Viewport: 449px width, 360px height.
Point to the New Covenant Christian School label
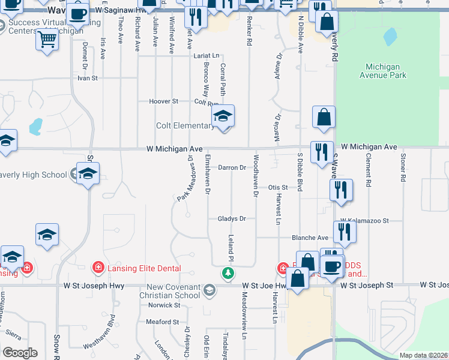click(x=172, y=291)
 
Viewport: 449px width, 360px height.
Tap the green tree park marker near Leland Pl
click(x=228, y=274)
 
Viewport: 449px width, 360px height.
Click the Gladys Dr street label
click(x=232, y=219)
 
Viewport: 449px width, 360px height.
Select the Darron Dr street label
click(x=232, y=167)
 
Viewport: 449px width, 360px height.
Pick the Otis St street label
click(x=278, y=187)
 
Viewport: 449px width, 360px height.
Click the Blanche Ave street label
click(x=310, y=238)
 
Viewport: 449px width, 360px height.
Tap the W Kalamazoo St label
click(x=365, y=221)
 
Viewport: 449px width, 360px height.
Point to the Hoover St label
click(x=164, y=101)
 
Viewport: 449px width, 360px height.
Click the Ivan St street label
click(x=87, y=78)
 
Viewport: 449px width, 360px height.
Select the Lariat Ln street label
click(x=206, y=56)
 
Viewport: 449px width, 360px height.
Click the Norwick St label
click(x=164, y=305)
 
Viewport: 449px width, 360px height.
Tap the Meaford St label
click(x=163, y=322)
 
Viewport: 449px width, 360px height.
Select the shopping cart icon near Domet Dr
click(x=47, y=40)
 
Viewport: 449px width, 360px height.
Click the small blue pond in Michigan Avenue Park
click(x=391, y=38)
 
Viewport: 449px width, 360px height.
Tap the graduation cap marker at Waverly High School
click(x=88, y=175)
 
